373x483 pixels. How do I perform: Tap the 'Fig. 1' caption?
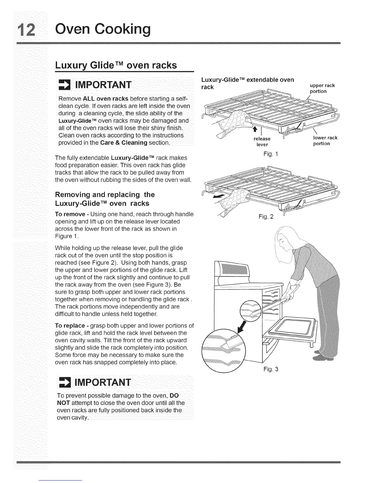coord(271,154)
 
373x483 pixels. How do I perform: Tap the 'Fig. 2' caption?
coord(266,217)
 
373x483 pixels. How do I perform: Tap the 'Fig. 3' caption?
coord(271,369)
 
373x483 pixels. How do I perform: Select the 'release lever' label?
coord(262,141)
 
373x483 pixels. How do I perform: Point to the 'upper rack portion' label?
coord(322,88)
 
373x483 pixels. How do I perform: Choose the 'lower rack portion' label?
coord(325,141)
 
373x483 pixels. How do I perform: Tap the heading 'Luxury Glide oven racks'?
coord(116,65)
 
